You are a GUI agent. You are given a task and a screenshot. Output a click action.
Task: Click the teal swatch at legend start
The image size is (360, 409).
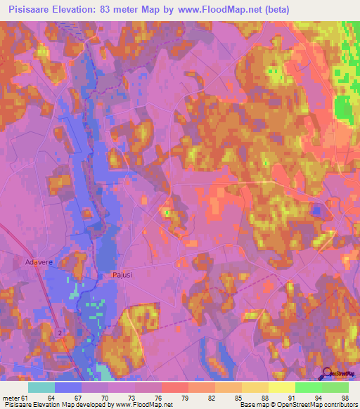41,387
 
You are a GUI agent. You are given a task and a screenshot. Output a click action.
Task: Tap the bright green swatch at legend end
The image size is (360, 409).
335,387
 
